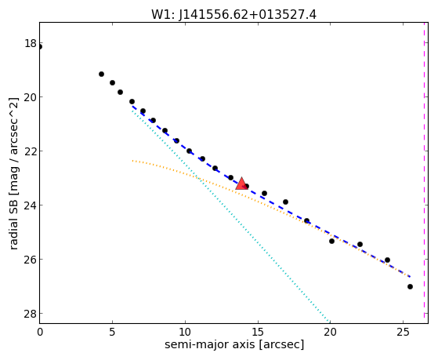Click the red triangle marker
[x=241, y=184]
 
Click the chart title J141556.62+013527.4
[x=248, y=15]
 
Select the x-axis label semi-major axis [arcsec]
[x=234, y=344]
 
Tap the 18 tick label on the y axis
[x=31, y=44]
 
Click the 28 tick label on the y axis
[x=31, y=314]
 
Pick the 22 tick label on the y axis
[x=31, y=151]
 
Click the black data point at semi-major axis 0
[x=40, y=47]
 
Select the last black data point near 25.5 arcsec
[x=410, y=287]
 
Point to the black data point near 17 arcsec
[x=285, y=202]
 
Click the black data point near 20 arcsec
[x=331, y=241]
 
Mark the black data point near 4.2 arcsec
[x=101, y=75]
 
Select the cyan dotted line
[x=230, y=216]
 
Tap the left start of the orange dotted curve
[x=132, y=161]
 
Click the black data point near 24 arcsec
[x=387, y=260]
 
